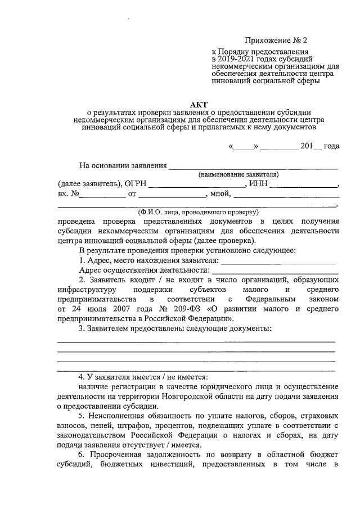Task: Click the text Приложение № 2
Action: (277, 40)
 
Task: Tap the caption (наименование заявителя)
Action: (238, 174)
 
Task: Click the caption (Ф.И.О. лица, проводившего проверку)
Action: (198, 213)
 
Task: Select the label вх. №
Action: (67, 194)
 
